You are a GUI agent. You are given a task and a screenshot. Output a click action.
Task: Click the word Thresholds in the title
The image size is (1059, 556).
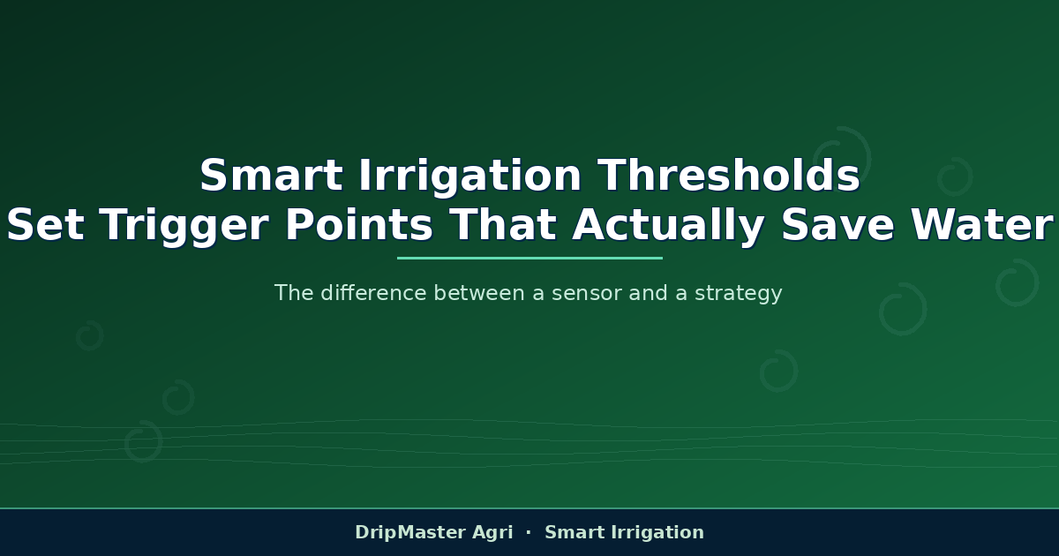(x=729, y=175)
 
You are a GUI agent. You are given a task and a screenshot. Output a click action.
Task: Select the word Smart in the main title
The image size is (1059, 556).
(x=271, y=175)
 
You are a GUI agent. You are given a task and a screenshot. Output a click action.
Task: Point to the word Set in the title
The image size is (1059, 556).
(x=45, y=225)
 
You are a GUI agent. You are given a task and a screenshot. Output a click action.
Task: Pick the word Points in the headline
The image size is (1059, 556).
(x=359, y=225)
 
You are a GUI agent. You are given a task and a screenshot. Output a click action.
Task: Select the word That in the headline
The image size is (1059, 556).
(x=503, y=225)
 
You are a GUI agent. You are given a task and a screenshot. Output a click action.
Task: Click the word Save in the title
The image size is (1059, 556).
(x=837, y=225)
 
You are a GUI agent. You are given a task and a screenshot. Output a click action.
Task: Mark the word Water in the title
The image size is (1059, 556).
(x=982, y=225)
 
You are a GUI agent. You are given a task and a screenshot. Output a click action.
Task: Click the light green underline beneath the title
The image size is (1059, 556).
(x=529, y=258)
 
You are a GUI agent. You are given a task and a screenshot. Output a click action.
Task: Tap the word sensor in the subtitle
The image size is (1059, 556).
(x=587, y=294)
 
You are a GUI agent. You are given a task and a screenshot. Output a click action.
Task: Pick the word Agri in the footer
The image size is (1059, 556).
(x=492, y=533)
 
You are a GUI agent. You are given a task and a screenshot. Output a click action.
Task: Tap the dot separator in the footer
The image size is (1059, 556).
(x=529, y=532)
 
